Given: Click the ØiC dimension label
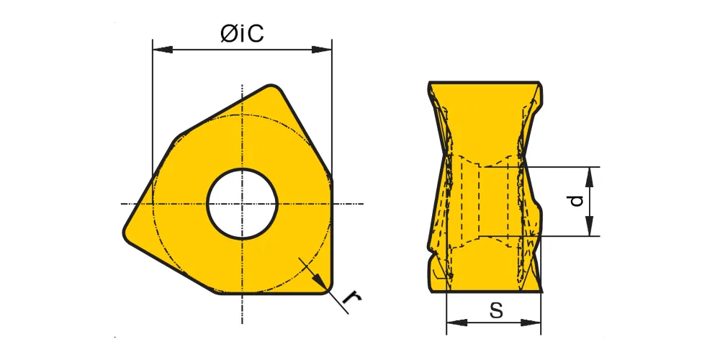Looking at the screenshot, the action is pos(242,33).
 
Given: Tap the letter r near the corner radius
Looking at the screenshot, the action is pos(352,299).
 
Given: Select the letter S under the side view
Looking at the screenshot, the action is pos(496,310).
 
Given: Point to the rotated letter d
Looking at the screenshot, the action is pos(576,201).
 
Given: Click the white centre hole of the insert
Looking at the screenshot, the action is pos(242,204).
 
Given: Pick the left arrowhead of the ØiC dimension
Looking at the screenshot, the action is pos(163,49).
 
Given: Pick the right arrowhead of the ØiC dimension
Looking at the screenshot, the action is pos(321,49).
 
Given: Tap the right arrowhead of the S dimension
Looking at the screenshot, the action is pos(531,323).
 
